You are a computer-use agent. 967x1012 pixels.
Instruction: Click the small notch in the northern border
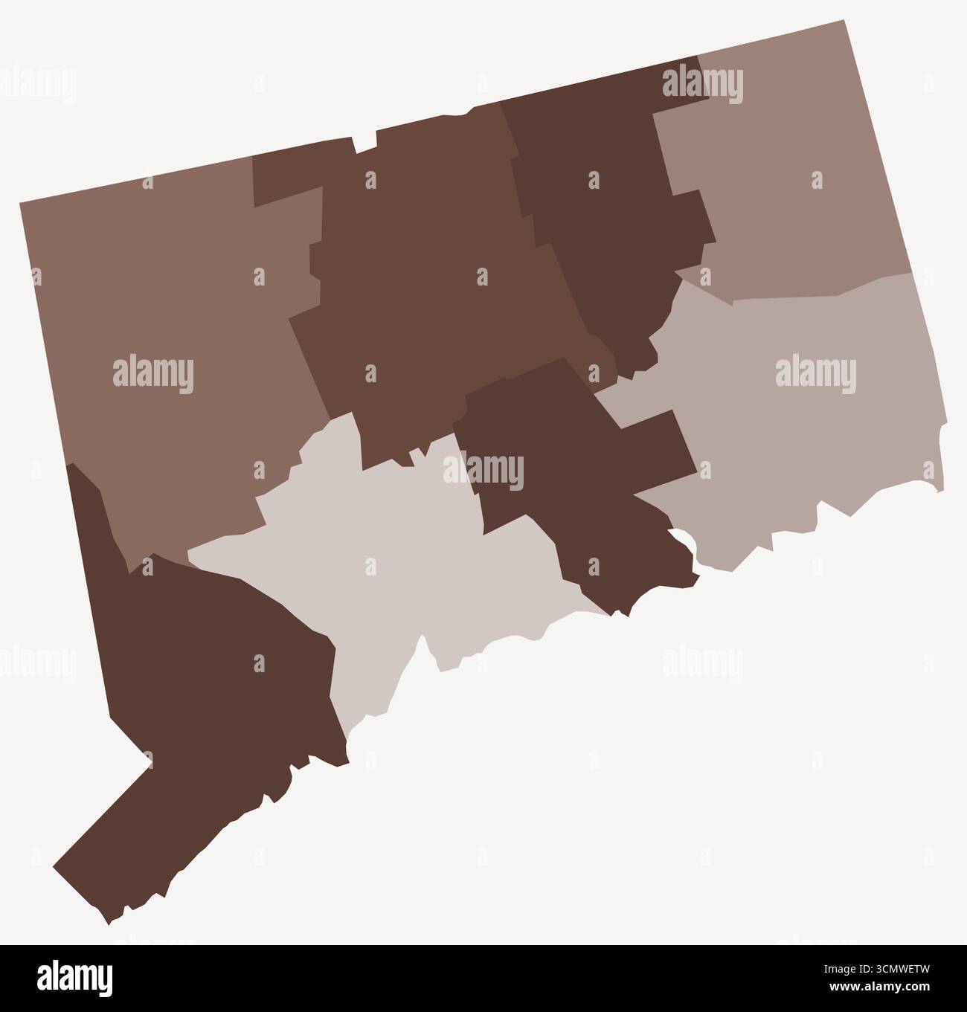pyautogui.click(x=365, y=143)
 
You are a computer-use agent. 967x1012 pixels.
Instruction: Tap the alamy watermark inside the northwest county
pyautogui.click(x=152, y=376)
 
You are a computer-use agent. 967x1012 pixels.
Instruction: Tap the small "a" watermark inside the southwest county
pyautogui.click(x=259, y=663)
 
